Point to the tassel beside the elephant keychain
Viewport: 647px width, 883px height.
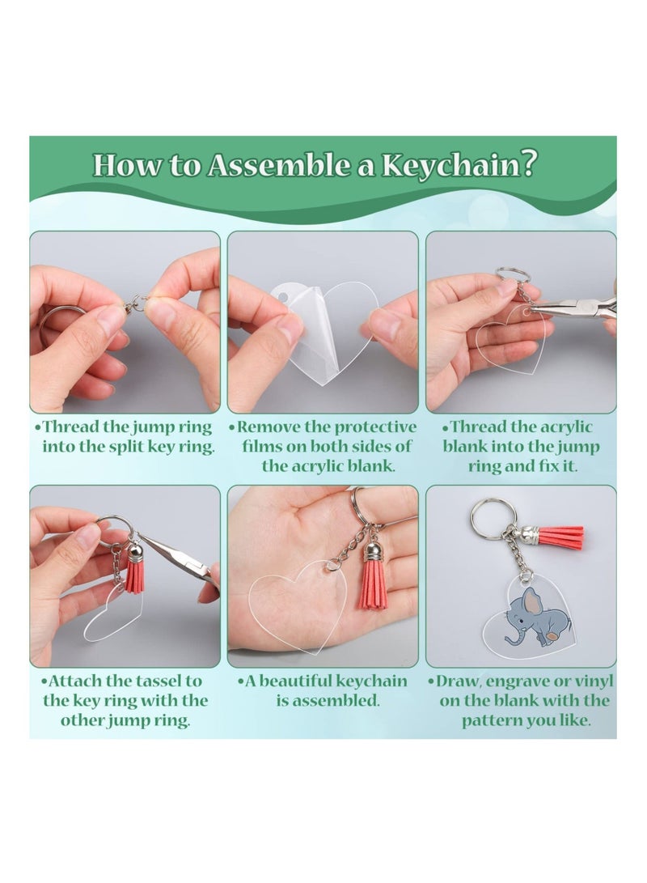[557, 535]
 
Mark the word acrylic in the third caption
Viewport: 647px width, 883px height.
[565, 427]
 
